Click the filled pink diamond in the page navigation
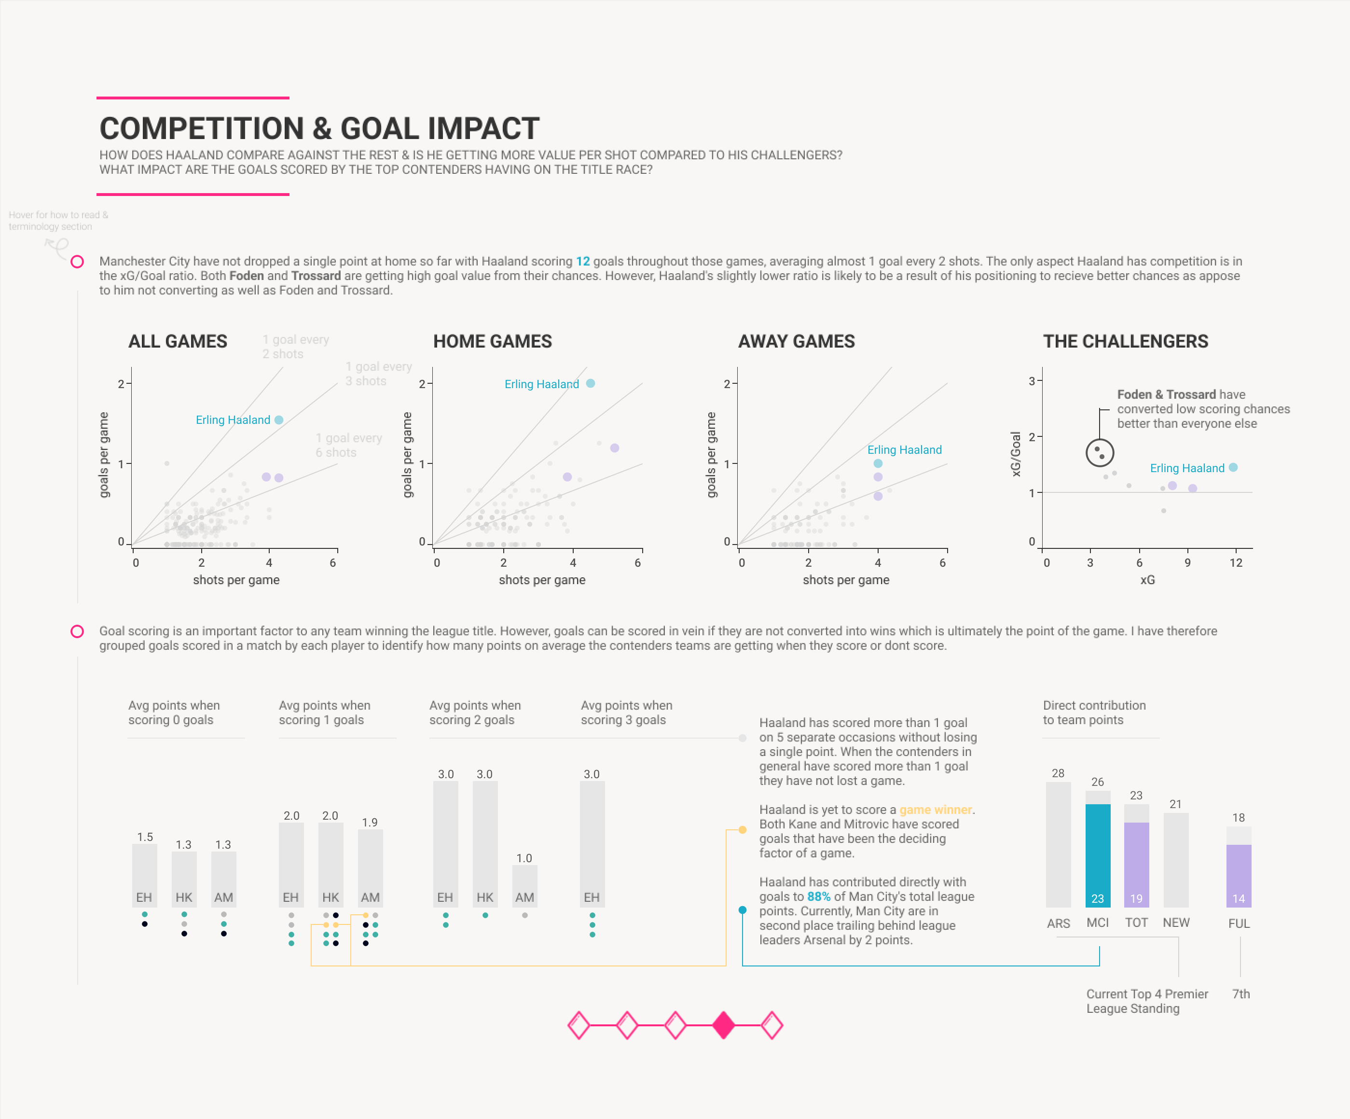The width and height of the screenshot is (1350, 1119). [723, 1025]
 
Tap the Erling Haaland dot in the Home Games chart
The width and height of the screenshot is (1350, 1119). [590, 383]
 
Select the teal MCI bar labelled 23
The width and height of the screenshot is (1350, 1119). [1097, 855]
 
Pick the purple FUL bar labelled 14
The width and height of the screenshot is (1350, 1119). [1238, 875]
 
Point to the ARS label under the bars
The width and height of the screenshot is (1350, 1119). [1058, 923]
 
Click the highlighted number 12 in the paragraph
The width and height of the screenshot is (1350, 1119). [582, 261]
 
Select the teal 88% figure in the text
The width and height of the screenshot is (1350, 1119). [818, 896]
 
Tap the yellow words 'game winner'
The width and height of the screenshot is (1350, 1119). [936, 810]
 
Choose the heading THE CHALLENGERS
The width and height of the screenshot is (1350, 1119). [1125, 341]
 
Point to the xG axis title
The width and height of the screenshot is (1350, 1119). [1147, 580]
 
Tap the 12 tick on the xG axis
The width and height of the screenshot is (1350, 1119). [1236, 563]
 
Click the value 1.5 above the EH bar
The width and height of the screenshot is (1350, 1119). [145, 837]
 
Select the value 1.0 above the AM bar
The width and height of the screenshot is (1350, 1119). [524, 858]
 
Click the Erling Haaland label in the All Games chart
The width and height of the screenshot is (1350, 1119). [233, 420]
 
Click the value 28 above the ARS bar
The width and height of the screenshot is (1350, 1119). [1058, 773]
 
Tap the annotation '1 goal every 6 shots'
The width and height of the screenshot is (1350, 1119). [348, 445]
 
